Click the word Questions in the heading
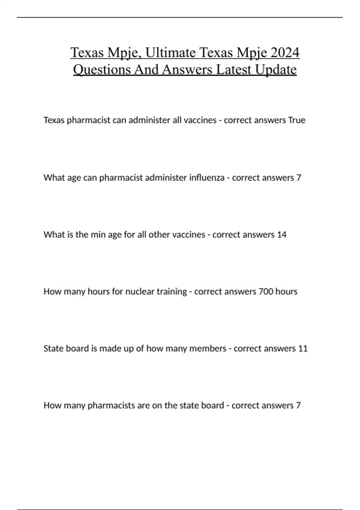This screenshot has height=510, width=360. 102,70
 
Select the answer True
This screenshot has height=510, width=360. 297,120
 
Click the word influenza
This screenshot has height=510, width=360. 207,178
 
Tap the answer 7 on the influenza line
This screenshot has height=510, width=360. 298,178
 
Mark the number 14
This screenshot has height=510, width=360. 282,234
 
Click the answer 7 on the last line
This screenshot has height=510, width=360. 298,405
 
